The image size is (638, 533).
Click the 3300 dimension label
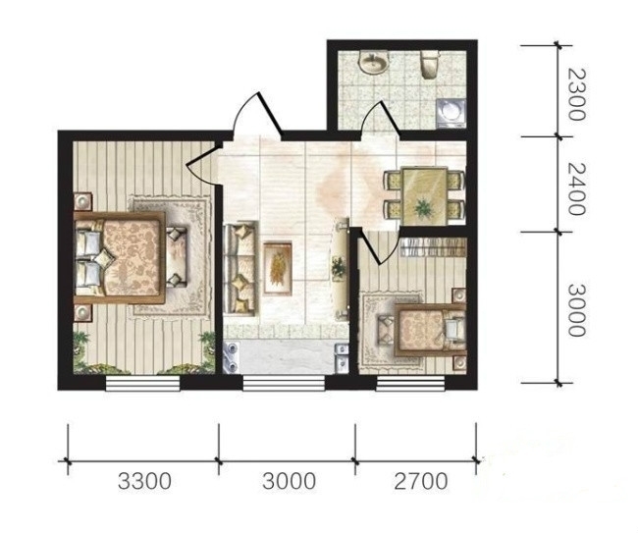click(x=144, y=481)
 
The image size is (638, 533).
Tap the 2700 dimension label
click(x=421, y=481)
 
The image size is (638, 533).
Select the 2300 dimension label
click(x=576, y=94)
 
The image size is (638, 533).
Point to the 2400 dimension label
click(x=576, y=189)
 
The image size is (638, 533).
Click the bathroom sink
click(x=373, y=62)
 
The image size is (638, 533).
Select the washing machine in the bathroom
click(x=451, y=113)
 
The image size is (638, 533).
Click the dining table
click(x=423, y=196)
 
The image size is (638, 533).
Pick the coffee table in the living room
click(x=278, y=268)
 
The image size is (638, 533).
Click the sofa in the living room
click(x=240, y=268)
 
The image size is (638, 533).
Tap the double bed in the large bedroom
click(x=120, y=257)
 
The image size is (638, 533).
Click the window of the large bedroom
click(x=142, y=383)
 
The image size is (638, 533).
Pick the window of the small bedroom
click(x=410, y=383)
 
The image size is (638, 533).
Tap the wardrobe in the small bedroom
click(x=433, y=247)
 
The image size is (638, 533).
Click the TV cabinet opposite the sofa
click(x=340, y=269)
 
